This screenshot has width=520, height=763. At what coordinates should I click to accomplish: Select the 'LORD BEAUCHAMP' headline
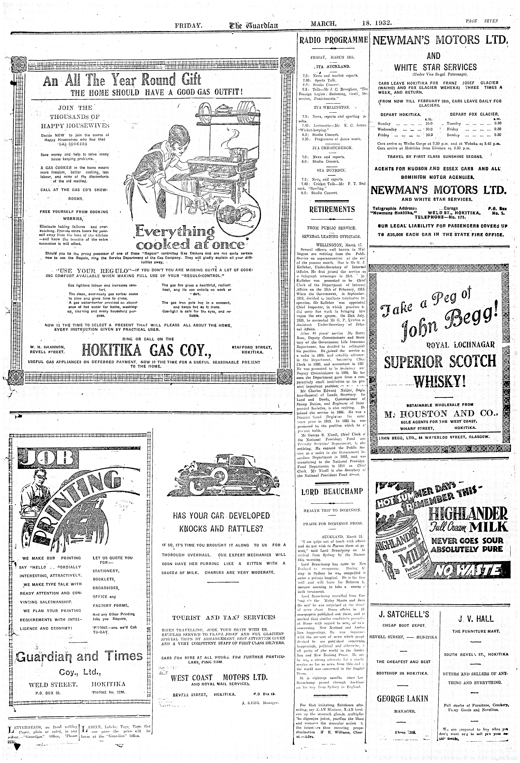[332, 491]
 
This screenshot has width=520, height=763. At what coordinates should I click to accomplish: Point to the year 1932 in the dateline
[381, 24]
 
